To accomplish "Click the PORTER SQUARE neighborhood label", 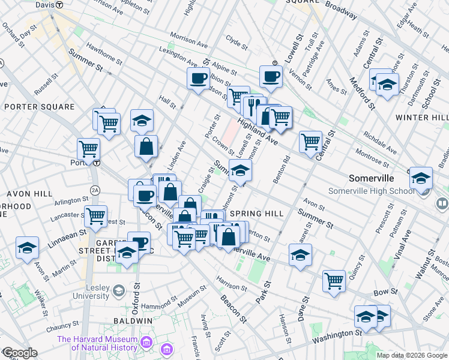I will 40,107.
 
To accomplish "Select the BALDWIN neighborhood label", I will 132,321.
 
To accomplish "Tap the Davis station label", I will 45,4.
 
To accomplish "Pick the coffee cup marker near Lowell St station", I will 271,77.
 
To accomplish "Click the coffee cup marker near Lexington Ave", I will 198,78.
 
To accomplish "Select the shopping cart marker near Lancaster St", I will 96,217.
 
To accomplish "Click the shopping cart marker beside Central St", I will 310,143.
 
